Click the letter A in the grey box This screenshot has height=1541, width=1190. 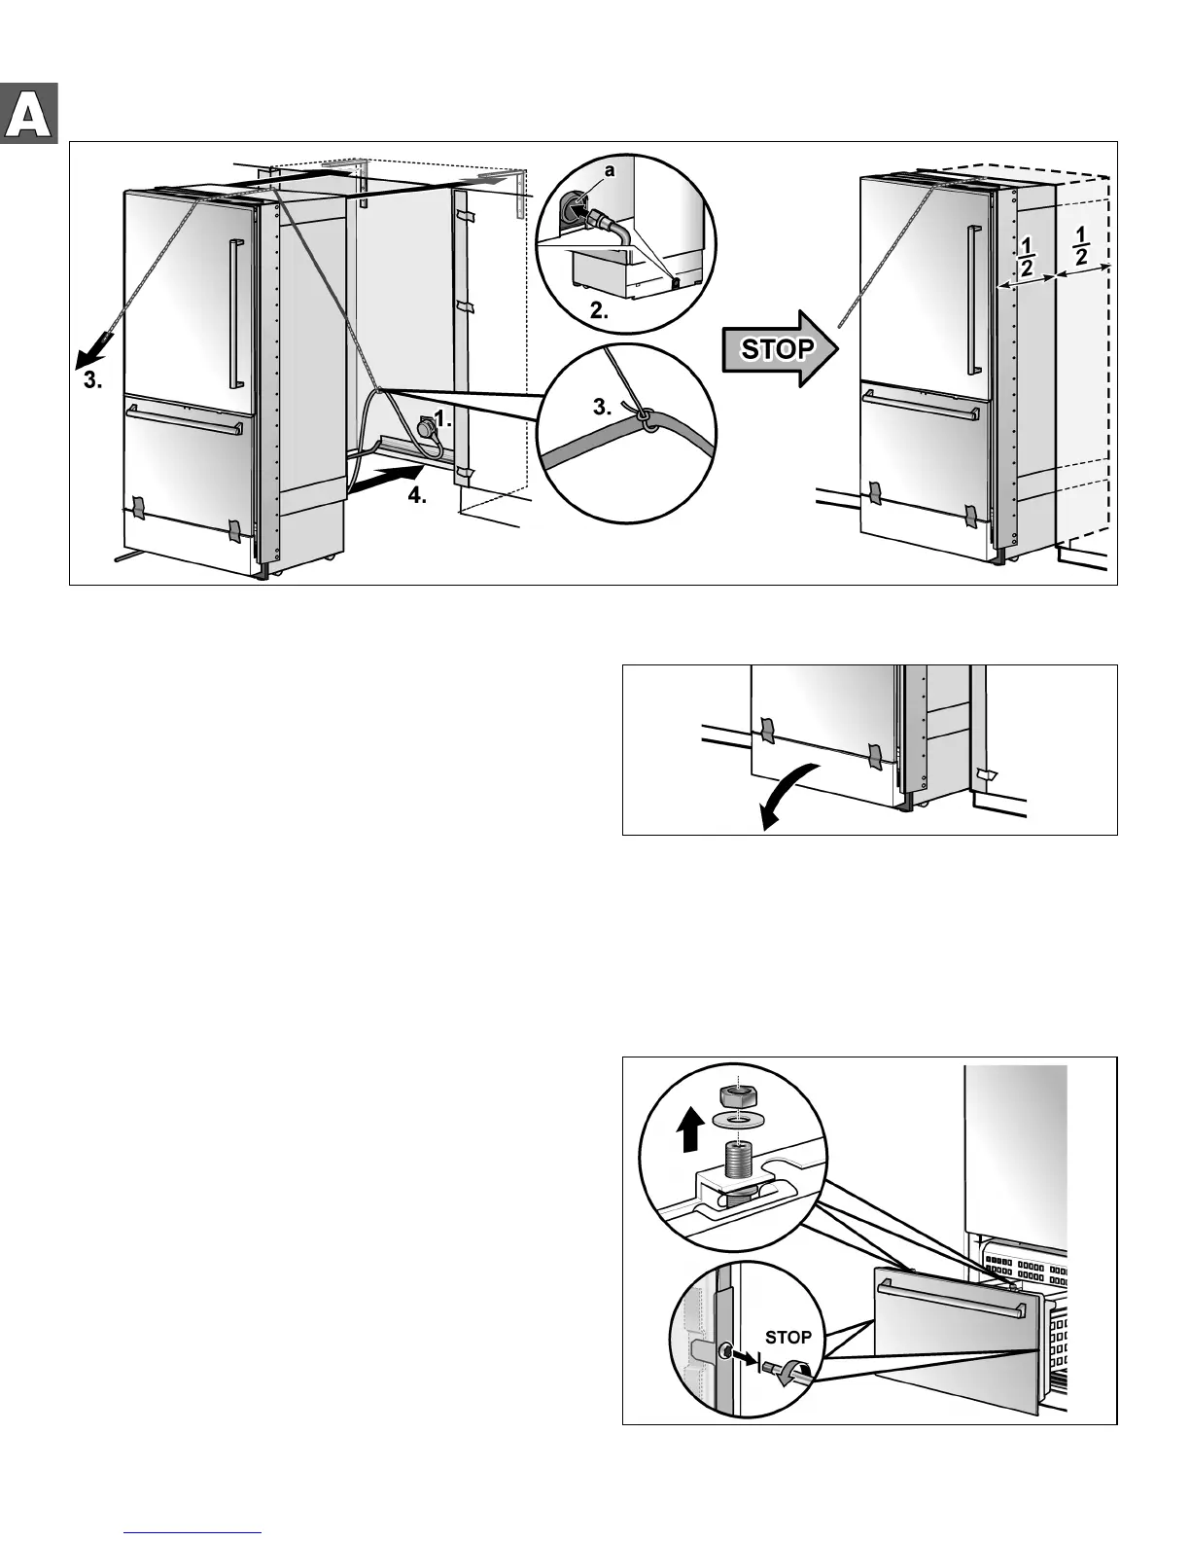[29, 115]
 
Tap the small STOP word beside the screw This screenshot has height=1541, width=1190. [787, 1337]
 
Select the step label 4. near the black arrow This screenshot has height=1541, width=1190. [417, 495]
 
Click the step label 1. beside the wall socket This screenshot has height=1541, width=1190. [443, 419]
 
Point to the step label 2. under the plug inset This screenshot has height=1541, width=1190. [600, 312]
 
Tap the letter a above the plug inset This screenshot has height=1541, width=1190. [610, 170]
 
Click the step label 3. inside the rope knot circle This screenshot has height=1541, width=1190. [603, 407]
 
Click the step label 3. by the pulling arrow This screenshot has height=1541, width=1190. [92, 381]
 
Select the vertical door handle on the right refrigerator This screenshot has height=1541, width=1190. [970, 300]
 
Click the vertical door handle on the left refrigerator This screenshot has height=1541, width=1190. [232, 315]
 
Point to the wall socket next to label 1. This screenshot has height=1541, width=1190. [426, 428]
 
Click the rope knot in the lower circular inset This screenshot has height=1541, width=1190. [644, 418]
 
